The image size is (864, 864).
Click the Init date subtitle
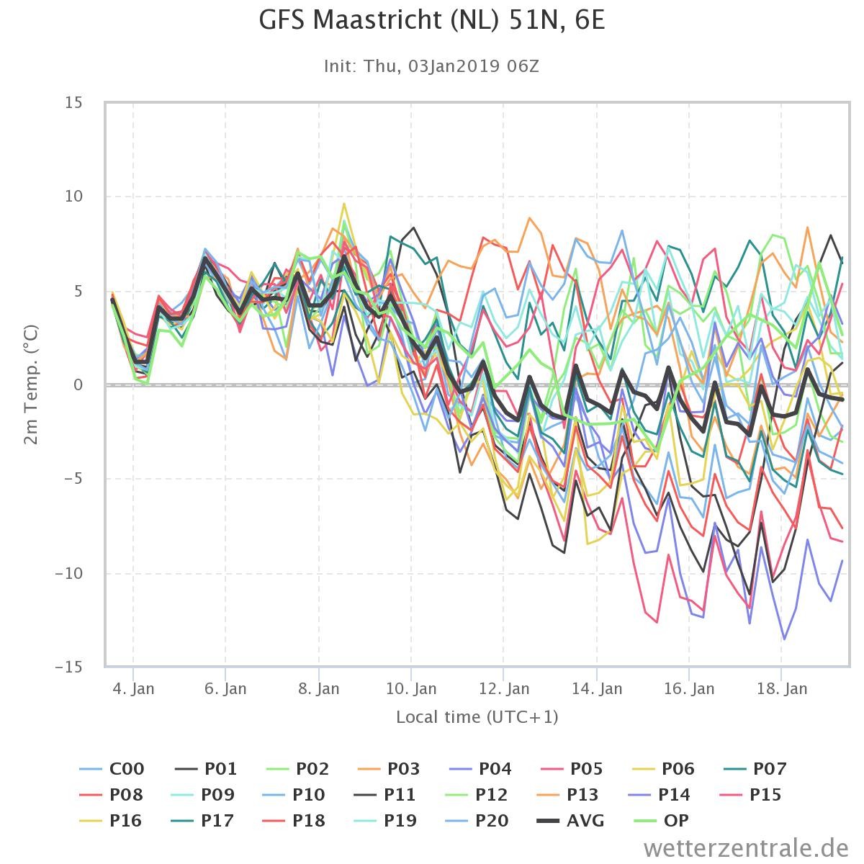click(x=431, y=66)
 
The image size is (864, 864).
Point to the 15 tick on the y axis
click(x=74, y=103)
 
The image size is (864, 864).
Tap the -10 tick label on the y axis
click(x=69, y=573)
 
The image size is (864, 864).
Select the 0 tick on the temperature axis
click(x=78, y=384)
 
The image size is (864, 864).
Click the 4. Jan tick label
click(x=133, y=688)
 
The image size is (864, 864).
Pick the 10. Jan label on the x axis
click(x=411, y=688)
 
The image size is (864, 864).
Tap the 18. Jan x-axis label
click(x=782, y=688)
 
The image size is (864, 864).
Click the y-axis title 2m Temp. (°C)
click(x=32, y=384)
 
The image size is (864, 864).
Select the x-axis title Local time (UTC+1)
click(x=477, y=717)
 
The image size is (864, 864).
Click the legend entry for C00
click(x=112, y=768)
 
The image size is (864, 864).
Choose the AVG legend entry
click(x=570, y=821)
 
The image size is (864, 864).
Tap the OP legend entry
click(x=662, y=821)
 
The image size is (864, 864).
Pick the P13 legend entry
click(x=567, y=794)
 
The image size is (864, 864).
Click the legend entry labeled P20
click(x=477, y=821)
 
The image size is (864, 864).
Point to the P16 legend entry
click(x=110, y=821)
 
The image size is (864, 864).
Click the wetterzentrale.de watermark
click(x=746, y=848)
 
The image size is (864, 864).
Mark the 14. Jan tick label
click(x=597, y=688)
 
